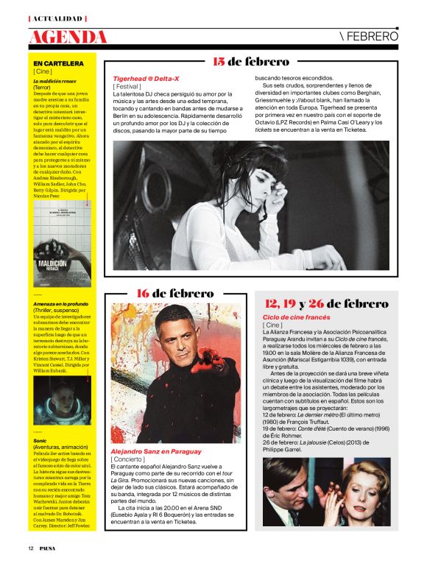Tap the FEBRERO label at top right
click(370, 35)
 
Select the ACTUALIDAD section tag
click(57, 18)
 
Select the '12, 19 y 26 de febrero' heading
click(336, 303)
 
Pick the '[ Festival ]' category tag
click(129, 86)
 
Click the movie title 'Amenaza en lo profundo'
click(60, 303)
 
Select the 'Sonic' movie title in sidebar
click(40, 419)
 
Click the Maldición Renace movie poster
click(60, 244)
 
